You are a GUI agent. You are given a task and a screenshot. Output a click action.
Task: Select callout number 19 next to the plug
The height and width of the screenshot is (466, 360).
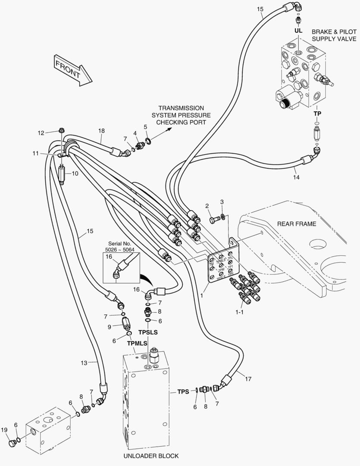tap(4, 429)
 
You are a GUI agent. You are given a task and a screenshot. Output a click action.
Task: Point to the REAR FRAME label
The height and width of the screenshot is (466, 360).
tap(296, 224)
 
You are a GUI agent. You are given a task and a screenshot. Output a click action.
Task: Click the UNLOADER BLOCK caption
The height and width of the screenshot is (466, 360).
tap(151, 456)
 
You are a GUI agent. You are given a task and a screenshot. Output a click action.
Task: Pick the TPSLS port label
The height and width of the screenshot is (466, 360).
tap(148, 332)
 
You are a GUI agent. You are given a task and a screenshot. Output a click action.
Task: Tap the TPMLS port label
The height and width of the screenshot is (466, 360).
tap(138, 343)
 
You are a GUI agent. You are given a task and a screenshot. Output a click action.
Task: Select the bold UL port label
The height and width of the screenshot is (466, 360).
tap(298, 31)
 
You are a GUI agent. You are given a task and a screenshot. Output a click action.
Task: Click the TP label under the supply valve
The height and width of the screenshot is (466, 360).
tap(317, 113)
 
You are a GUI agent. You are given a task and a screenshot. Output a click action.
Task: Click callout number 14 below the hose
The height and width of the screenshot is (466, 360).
tap(296, 177)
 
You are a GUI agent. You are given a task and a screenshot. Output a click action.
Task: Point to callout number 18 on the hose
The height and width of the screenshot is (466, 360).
tap(101, 130)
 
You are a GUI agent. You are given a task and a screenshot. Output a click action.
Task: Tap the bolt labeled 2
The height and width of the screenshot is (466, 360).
tap(214, 220)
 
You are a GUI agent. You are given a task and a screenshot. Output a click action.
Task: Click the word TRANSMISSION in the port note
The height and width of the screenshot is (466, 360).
tap(181, 108)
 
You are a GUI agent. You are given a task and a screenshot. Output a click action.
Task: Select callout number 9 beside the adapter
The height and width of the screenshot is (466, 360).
tap(110, 327)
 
